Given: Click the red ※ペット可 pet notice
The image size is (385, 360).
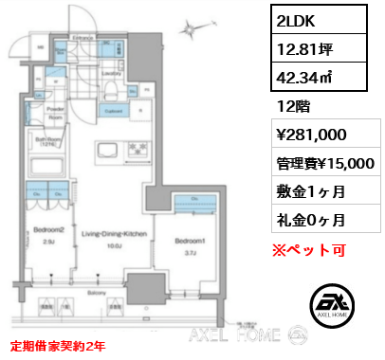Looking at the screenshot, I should click(x=309, y=251).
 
